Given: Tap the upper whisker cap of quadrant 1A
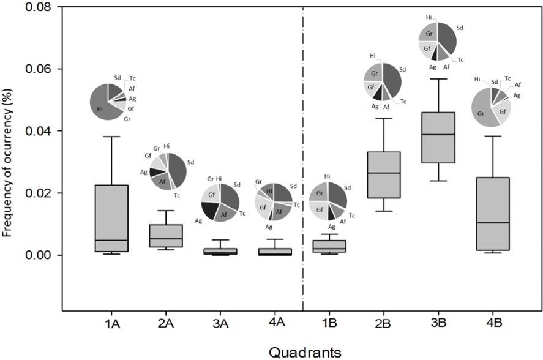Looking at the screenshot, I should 112,137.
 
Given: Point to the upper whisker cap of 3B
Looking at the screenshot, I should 438,79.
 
